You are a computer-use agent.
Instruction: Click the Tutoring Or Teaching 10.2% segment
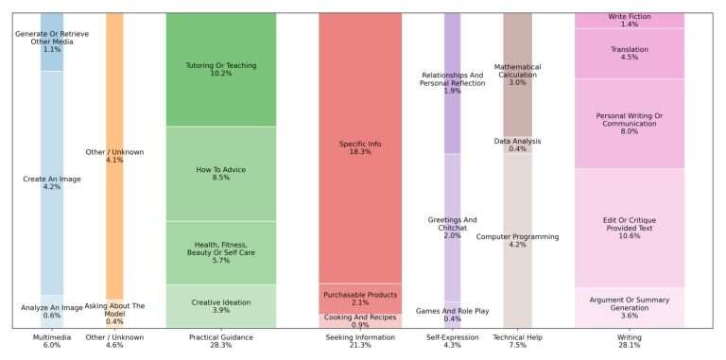coord(220,70)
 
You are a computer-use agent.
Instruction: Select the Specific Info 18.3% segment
coord(359,148)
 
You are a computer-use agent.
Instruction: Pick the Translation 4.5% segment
coord(629,53)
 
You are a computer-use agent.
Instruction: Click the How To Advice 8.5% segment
coord(220,174)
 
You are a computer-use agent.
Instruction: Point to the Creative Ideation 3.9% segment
coord(220,306)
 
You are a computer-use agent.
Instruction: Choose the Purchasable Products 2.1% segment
coord(359,299)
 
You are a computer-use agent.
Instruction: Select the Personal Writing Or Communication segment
coord(629,125)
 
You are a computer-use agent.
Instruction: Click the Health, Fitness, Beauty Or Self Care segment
coord(220,252)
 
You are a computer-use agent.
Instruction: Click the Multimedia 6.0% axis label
coord(51,340)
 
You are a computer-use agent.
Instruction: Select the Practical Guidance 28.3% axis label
coord(220,340)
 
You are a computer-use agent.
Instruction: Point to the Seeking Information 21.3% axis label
coord(359,340)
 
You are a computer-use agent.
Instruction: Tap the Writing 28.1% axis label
coord(629,340)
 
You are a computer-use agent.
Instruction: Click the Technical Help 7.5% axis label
coord(517,340)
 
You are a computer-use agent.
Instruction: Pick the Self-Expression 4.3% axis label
coord(452,340)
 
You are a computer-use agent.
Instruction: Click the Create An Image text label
coord(51,178)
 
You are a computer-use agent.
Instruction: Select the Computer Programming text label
coord(517,236)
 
